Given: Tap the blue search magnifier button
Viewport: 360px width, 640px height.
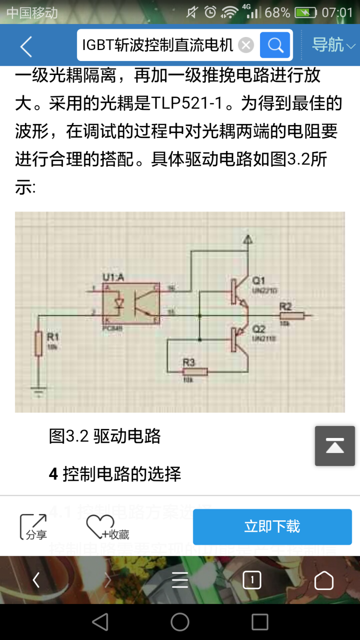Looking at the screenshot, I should pos(275,45).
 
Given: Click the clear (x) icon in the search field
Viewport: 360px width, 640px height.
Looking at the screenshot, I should pos(246,45).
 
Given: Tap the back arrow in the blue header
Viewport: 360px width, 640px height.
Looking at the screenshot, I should pos(26,46).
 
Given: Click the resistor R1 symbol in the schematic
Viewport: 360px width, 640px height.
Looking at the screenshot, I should pos(38,343).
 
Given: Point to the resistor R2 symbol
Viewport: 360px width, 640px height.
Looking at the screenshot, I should pos(292,315).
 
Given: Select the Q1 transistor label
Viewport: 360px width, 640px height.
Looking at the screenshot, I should pos(259,280).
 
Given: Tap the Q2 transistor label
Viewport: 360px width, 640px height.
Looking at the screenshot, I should pos(259,329).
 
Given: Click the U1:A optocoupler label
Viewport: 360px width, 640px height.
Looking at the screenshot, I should pos(113,277).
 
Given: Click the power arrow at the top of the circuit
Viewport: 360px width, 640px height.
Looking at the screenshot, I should pos(248,239).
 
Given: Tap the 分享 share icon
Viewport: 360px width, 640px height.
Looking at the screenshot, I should pos(34,527).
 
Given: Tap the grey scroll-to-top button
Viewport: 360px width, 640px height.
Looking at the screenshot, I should pos(335,446).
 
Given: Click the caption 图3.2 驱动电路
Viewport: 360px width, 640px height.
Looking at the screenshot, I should pos(105,436).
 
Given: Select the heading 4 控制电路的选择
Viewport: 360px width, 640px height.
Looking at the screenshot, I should pos(115,474).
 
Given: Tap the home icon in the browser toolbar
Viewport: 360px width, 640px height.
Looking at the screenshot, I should pos(323,580).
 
